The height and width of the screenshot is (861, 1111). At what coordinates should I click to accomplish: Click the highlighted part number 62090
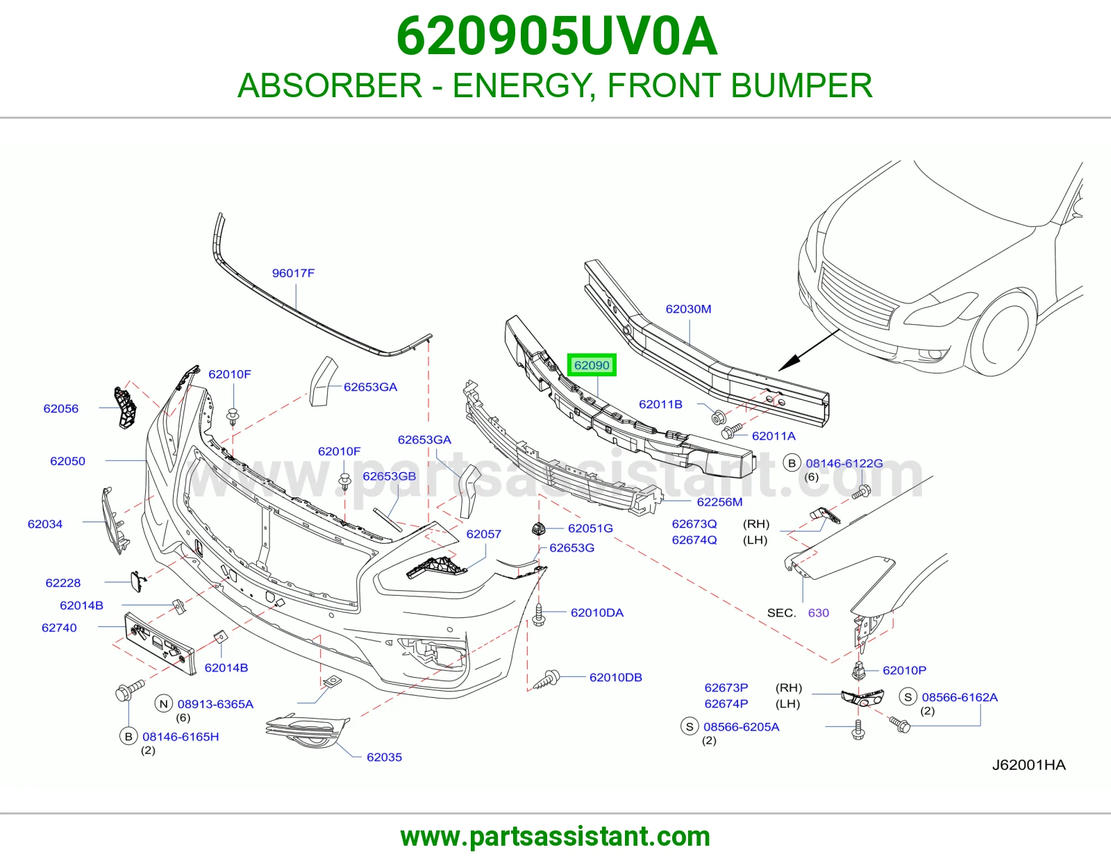592,365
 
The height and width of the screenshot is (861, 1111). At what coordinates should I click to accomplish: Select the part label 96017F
293,273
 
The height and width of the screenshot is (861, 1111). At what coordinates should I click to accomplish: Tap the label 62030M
688,309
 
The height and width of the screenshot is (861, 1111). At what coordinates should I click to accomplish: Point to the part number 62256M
719,502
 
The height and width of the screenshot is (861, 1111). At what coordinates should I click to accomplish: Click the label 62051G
590,528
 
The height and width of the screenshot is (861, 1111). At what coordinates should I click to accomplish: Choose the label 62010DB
616,678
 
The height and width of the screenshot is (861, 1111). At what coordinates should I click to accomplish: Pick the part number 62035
384,758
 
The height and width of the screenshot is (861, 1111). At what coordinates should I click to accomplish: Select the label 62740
59,628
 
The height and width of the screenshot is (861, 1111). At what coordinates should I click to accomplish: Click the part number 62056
61,408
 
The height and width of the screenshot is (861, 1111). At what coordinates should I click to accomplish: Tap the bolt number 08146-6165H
181,737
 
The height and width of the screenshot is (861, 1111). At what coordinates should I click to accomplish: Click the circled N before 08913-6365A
164,704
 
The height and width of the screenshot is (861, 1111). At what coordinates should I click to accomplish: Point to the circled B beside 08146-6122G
792,463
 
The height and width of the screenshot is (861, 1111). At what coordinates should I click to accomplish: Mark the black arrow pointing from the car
809,350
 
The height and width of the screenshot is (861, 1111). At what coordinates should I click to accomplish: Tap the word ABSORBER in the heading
330,85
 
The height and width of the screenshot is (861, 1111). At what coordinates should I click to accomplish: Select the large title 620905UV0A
557,36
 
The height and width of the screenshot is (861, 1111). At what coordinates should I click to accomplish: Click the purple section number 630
818,613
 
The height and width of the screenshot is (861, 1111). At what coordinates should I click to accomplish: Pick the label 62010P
905,670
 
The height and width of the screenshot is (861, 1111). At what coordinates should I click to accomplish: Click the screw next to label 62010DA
538,615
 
